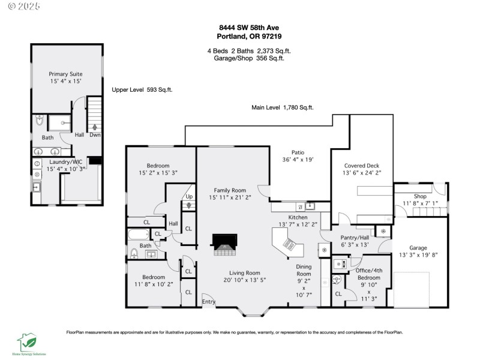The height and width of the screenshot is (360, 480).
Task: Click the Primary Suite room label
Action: click(x=66, y=74)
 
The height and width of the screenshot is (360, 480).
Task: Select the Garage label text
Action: click(x=418, y=247)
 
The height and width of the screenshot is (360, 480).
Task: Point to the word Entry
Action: click(x=209, y=302)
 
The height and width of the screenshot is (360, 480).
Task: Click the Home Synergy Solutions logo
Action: click(x=29, y=344)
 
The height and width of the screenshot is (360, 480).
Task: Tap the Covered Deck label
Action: click(x=362, y=166)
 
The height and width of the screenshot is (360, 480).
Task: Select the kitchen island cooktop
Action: click(x=289, y=244)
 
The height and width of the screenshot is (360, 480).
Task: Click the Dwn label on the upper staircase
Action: click(x=95, y=135)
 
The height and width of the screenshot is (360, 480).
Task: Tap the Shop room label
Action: click(x=420, y=196)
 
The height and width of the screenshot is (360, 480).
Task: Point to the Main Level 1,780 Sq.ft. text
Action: click(x=282, y=108)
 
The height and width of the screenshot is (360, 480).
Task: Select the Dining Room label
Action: click(x=304, y=270)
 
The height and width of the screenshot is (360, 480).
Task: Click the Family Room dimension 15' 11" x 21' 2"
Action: click(x=230, y=197)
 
